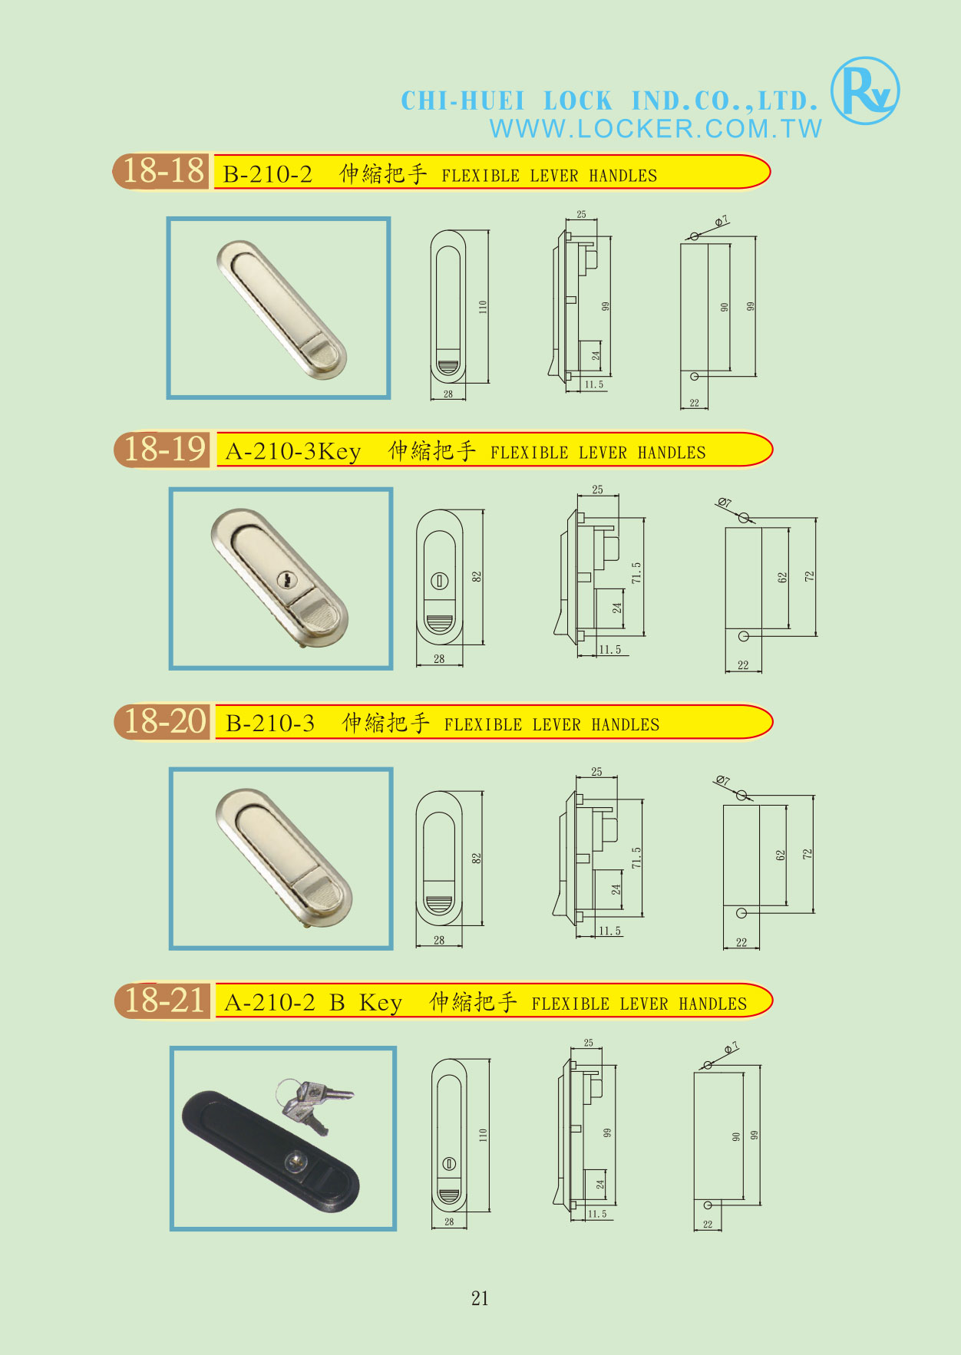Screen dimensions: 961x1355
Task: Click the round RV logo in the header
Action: tap(865, 91)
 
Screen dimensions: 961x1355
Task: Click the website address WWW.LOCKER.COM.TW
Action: tap(656, 128)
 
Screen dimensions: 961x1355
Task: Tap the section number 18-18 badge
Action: tap(163, 171)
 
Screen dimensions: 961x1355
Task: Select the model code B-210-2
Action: tap(268, 174)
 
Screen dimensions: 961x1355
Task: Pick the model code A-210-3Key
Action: tap(293, 451)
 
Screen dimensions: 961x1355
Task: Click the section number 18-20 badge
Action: tap(164, 721)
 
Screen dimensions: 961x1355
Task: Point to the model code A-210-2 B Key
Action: tap(313, 1002)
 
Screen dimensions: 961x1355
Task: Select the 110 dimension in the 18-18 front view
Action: tap(483, 306)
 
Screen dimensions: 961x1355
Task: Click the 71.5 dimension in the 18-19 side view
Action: tap(636, 572)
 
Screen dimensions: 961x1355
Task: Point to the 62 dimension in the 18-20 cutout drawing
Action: tap(780, 855)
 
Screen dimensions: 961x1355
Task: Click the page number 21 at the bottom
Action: tap(480, 1298)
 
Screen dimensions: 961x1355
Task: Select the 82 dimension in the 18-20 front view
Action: tap(476, 858)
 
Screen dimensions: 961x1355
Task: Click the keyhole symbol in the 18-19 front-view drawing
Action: tap(440, 581)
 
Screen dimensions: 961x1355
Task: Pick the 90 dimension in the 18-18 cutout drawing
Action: tap(724, 307)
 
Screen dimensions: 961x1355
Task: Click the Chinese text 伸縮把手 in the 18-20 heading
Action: tap(385, 723)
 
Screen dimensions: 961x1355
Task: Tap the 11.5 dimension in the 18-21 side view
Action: tap(597, 1215)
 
